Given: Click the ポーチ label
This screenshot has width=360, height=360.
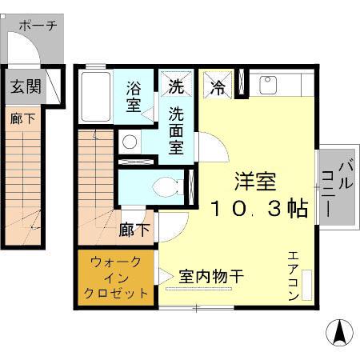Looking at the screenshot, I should pos(37,25).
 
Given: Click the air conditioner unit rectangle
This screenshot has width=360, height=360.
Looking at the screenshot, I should pos(308,284).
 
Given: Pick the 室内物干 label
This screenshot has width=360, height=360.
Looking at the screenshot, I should pos(211,276).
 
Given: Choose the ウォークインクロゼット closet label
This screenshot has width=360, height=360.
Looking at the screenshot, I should pos(117,277).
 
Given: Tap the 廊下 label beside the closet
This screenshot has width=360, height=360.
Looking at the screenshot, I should pos(134,230).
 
